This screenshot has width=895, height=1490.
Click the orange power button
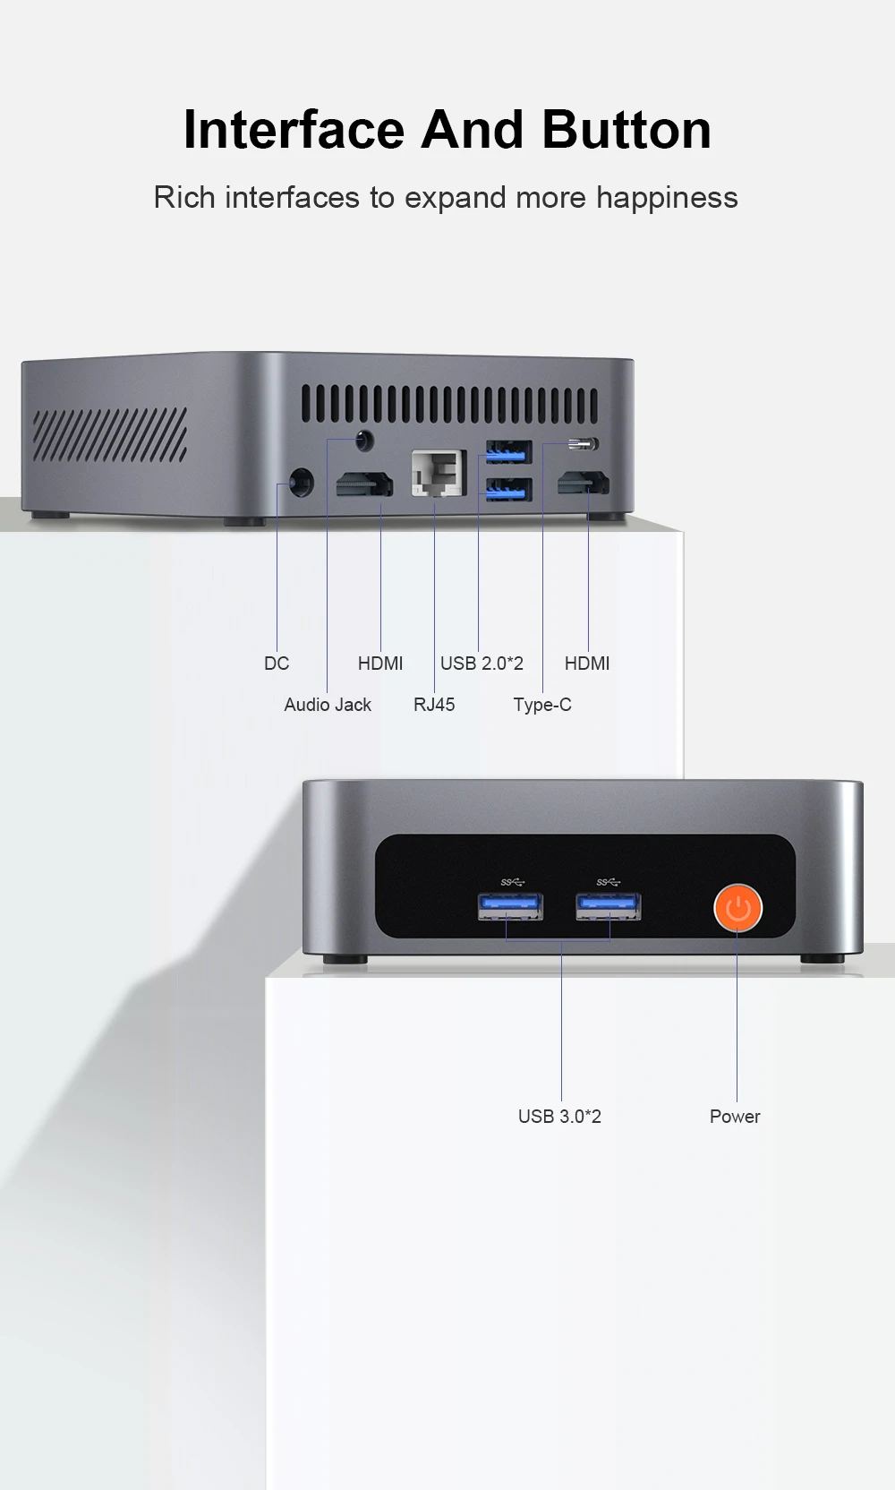click(x=738, y=908)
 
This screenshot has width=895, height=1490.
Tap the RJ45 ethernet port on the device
click(x=438, y=473)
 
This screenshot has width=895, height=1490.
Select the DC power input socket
click(x=301, y=482)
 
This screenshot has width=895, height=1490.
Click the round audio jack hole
click(x=364, y=441)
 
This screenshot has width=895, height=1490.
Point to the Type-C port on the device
click(x=584, y=443)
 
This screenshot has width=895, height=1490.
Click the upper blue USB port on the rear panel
click(x=508, y=452)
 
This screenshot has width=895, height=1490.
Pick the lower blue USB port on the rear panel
click(x=508, y=490)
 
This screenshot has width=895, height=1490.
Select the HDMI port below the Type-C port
click(x=584, y=483)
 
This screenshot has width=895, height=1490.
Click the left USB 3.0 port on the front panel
click(x=510, y=907)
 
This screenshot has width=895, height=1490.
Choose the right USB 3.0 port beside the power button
click(x=609, y=907)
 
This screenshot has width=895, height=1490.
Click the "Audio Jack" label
click(x=328, y=705)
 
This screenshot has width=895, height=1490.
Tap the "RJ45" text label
click(x=434, y=705)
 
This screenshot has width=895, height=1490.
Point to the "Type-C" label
click(x=541, y=705)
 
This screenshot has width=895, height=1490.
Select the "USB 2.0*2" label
click(x=482, y=664)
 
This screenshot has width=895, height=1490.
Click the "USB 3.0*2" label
click(x=559, y=1117)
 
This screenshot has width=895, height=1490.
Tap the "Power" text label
click(x=735, y=1117)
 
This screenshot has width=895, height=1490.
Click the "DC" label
click(x=277, y=664)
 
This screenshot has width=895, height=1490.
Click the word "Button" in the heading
click(x=627, y=129)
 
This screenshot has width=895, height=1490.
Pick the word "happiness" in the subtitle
click(x=667, y=199)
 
